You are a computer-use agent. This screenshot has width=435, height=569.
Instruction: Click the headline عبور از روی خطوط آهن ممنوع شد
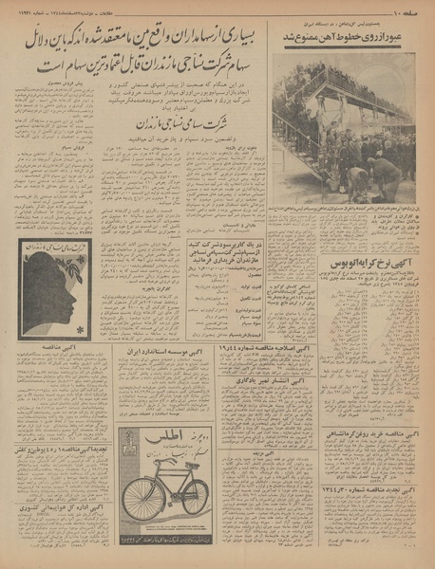[349, 36]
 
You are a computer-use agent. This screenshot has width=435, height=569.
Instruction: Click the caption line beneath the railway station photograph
[349, 207]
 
